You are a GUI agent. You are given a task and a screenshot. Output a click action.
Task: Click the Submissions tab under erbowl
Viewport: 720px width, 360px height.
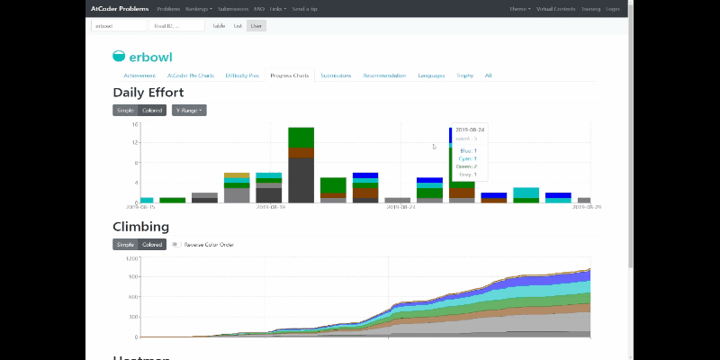point(336,76)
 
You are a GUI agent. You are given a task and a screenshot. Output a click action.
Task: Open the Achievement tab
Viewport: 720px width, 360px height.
point(139,76)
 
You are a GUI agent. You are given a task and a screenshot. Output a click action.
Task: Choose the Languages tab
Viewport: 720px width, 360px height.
point(431,76)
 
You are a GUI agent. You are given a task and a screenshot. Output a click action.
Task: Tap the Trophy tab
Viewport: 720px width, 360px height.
point(464,76)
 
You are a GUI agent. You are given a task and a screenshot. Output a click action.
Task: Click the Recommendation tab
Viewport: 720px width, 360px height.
point(384,76)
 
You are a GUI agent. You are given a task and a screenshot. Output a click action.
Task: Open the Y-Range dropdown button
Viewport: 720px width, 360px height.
point(189,110)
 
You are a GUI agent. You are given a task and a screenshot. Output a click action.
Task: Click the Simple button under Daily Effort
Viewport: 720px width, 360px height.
point(125,110)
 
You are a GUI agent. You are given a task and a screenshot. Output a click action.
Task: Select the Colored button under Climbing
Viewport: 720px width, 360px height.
point(152,244)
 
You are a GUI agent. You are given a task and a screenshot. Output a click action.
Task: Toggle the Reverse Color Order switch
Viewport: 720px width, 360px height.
point(177,244)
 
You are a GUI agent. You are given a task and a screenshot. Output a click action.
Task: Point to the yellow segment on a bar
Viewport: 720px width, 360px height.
point(237,175)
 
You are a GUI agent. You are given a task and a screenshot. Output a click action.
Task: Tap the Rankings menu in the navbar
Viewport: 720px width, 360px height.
point(199,8)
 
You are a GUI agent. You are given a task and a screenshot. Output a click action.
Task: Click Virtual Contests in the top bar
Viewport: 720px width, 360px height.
point(554,8)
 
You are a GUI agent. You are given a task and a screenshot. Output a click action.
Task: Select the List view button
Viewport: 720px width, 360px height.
point(238,26)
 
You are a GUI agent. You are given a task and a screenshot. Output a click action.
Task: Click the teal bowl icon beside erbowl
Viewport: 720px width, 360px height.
point(120,56)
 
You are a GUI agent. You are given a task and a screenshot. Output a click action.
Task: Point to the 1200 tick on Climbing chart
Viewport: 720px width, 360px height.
point(130,259)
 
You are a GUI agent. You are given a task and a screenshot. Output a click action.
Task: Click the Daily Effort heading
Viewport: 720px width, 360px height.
point(148,92)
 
